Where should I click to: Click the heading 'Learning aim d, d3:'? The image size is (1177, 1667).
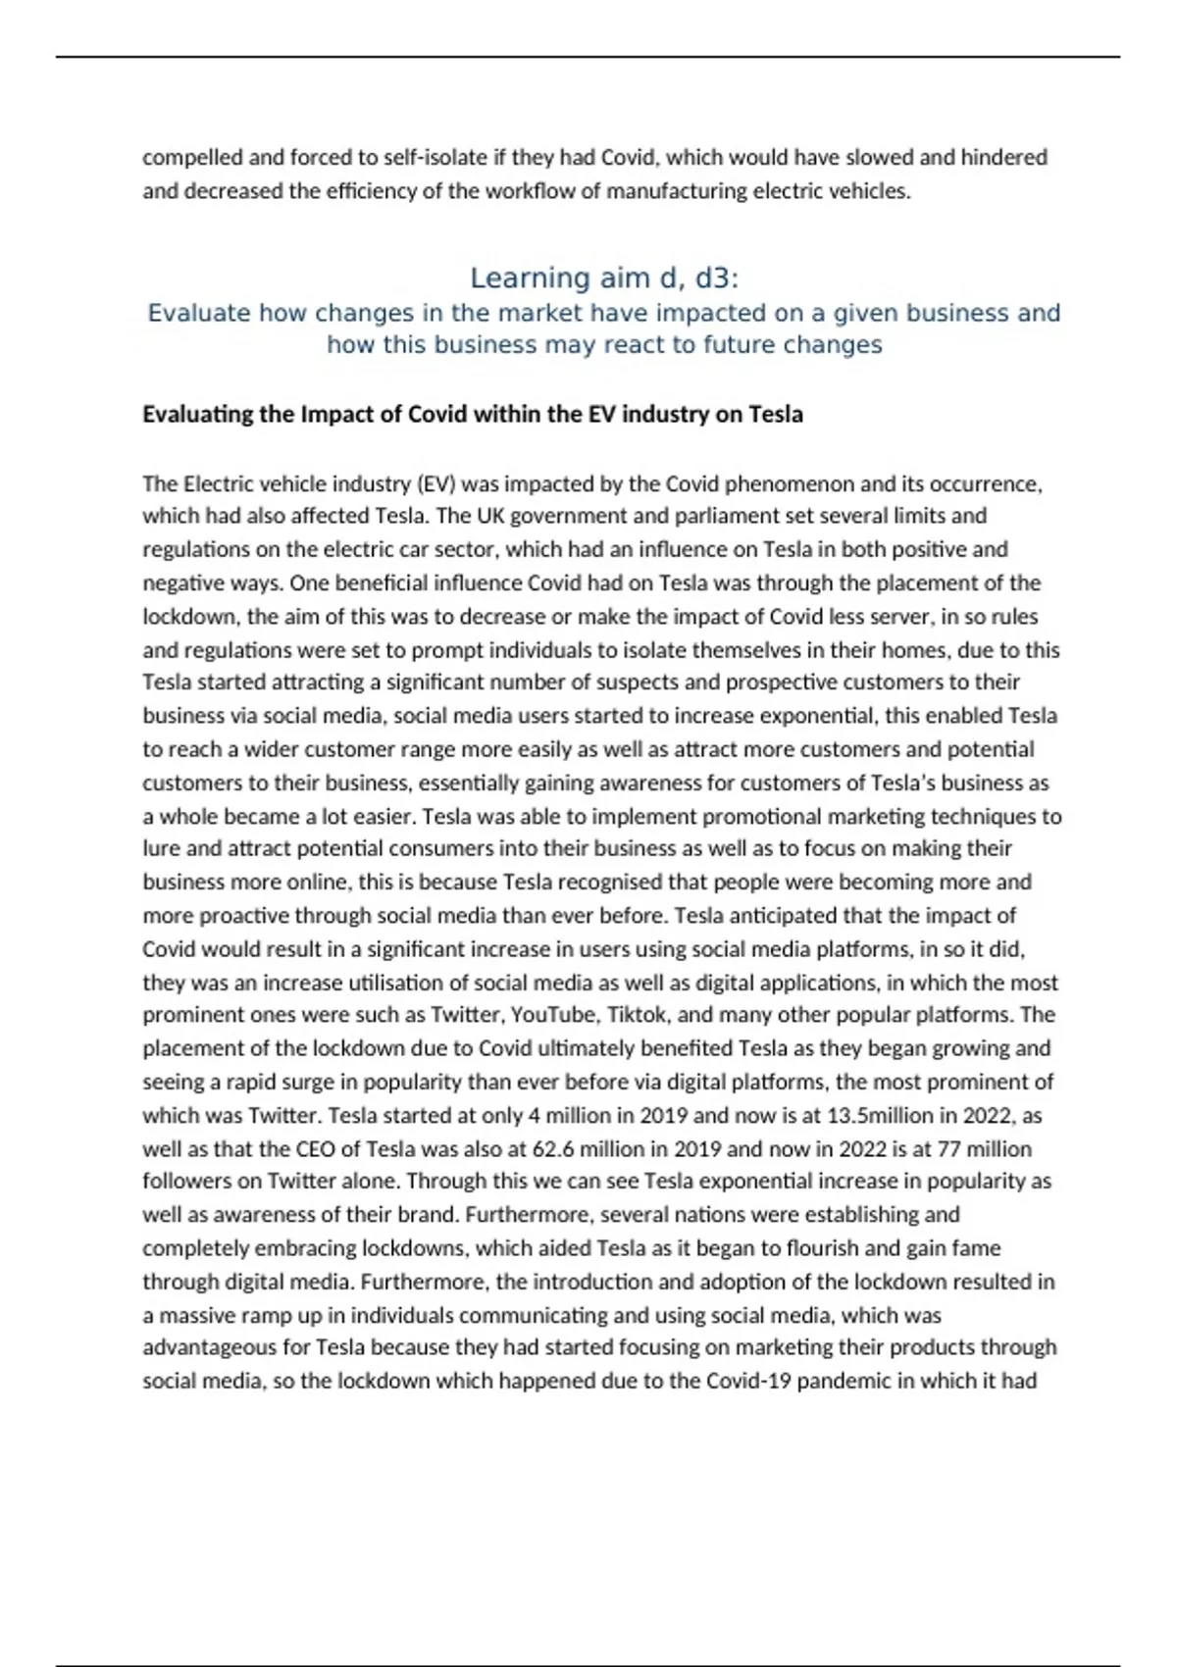[x=604, y=278]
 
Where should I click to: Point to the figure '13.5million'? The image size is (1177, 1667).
[x=891, y=1116]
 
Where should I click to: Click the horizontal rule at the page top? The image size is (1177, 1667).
[x=588, y=57]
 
